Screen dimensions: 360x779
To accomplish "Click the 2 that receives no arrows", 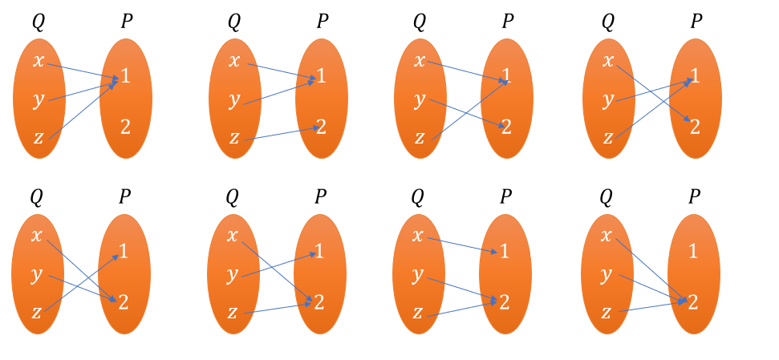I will point(125,126).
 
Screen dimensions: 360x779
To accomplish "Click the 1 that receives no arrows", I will point(693,251).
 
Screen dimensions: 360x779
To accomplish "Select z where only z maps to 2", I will point(234,138).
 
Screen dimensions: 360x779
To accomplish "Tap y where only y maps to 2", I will point(420,100).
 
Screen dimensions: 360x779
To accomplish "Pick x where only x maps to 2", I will point(608,60).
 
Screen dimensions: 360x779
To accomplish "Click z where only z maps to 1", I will point(36,312).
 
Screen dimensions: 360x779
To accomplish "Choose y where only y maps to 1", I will point(232,274).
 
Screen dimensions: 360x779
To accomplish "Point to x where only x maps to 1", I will point(417,235).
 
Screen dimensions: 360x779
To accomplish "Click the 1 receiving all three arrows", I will point(125,76).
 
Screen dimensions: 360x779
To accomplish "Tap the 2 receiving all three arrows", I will point(693,302).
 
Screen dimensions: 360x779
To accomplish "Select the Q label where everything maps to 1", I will point(38,22).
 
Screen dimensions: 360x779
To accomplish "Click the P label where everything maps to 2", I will point(695,196).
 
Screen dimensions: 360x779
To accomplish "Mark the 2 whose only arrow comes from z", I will point(321,126).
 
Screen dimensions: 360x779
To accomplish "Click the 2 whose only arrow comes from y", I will point(506,126).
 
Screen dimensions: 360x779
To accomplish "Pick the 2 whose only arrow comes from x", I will point(695,126).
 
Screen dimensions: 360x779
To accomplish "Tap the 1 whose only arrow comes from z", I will point(124,251).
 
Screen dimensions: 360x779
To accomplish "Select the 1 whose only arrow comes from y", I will point(319,251).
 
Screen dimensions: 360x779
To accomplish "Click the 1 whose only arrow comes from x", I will point(505,251).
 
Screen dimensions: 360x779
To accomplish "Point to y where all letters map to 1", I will point(38,100).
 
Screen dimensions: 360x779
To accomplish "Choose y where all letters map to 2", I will point(607,274).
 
